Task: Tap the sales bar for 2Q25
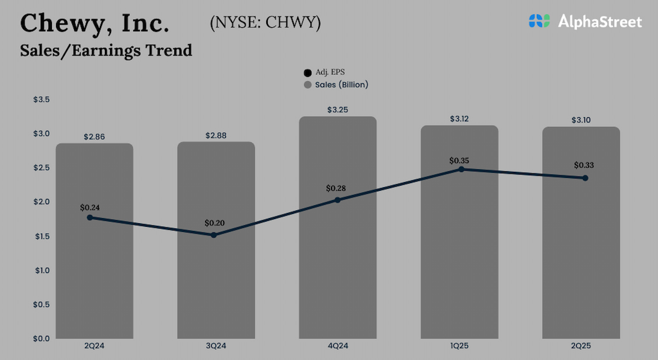tap(581, 267)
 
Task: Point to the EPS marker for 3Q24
tap(214, 235)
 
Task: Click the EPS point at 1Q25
tap(462, 169)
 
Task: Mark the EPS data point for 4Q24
tap(338, 200)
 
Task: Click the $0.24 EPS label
tap(90, 208)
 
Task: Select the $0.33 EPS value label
tap(584, 165)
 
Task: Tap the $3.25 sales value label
tap(338, 110)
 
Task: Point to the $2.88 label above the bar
tap(216, 135)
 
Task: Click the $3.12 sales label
tap(459, 119)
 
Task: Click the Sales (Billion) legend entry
tap(336, 84)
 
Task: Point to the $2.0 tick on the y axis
tap(42, 202)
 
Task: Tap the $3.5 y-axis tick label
tap(42, 99)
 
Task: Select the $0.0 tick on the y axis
tap(42, 338)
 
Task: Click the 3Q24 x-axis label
tap(216, 346)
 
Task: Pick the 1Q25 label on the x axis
tap(459, 346)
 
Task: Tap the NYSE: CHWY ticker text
tap(265, 23)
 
